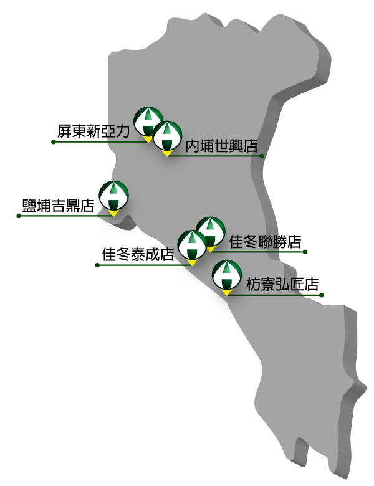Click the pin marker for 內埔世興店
click(x=167, y=136)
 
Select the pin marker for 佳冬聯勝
click(x=210, y=231)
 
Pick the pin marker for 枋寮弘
click(x=227, y=275)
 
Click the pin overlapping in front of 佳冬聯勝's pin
click(x=192, y=245)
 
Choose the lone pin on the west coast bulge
click(x=114, y=196)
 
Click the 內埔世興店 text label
click(x=221, y=146)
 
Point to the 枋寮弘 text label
click(x=272, y=285)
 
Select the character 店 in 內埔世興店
click(x=251, y=146)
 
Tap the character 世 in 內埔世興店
click(x=221, y=146)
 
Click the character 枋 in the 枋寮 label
click(x=254, y=285)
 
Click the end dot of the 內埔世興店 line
click(x=262, y=156)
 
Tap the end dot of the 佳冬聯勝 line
click(x=305, y=252)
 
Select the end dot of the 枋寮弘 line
click(x=321, y=295)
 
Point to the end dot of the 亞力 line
click(x=54, y=142)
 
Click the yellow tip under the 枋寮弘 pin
click(x=227, y=292)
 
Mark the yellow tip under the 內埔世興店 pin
click(x=167, y=153)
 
